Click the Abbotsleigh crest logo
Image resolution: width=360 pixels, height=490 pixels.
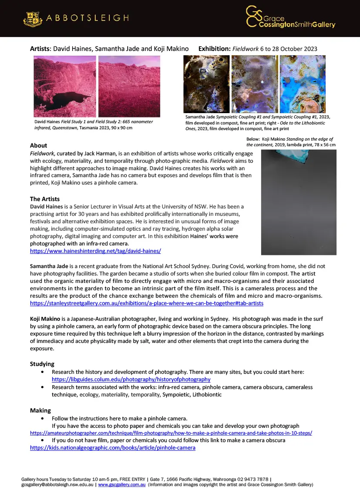[32, 18]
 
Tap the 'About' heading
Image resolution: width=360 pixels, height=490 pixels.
[38, 145]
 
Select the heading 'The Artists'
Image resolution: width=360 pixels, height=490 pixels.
[45, 199]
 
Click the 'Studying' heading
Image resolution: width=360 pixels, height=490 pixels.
[42, 364]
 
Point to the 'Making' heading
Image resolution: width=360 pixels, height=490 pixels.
[40, 410]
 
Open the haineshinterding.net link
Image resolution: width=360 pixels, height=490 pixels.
[95, 251]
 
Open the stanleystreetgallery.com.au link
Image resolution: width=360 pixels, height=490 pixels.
[146, 303]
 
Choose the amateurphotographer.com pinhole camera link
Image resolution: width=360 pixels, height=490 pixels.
[171, 433]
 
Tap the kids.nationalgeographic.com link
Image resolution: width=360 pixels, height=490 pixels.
[112, 447]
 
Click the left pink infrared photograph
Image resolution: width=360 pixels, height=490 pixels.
[65, 86]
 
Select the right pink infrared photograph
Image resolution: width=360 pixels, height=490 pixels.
[129, 86]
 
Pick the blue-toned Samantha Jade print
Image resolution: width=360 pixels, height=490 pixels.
[303, 84]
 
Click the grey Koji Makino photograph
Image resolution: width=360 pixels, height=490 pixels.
[299, 202]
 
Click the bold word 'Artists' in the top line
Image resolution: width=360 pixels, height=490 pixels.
[40, 49]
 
